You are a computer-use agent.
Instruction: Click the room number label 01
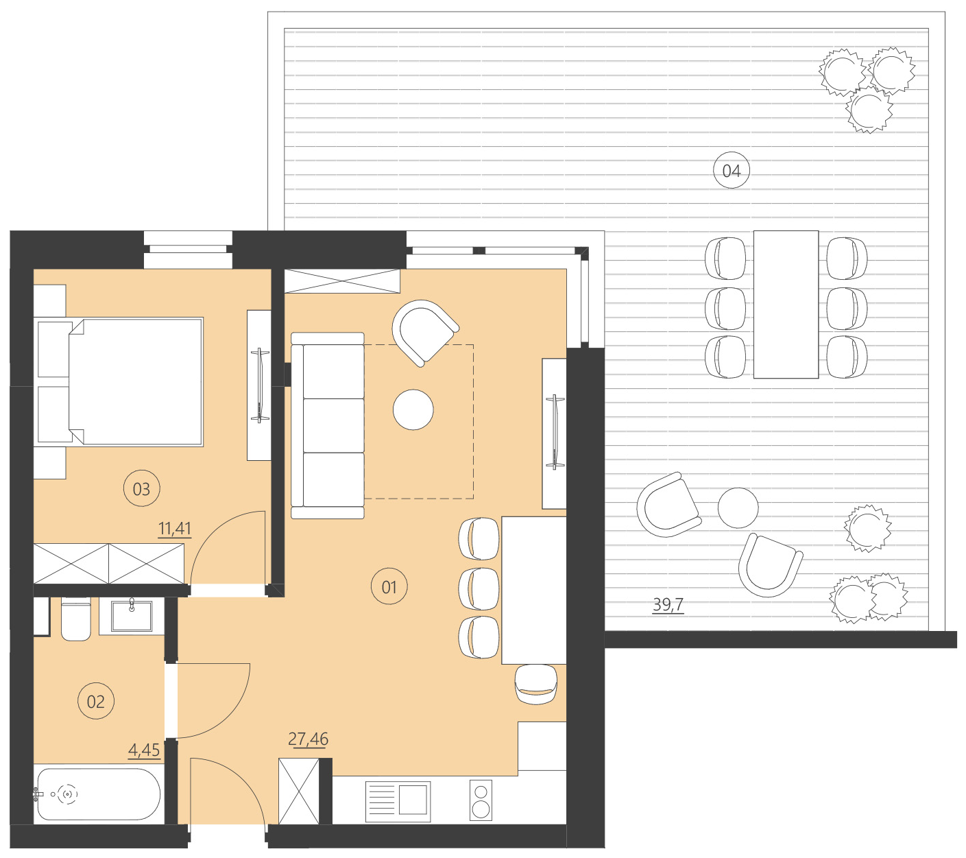tap(389, 587)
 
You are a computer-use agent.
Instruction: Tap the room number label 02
tap(96, 701)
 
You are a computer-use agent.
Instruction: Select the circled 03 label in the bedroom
tap(141, 489)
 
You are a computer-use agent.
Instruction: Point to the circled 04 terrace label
tap(732, 171)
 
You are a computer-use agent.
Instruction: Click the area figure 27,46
tap(308, 739)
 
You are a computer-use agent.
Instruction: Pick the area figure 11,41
tap(175, 529)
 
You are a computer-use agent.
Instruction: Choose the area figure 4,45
tap(144, 750)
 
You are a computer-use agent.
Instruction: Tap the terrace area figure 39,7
tap(668, 605)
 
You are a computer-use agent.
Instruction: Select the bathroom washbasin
tap(132, 615)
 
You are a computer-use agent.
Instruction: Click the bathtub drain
tap(67, 794)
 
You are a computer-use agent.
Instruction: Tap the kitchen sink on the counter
tap(398, 800)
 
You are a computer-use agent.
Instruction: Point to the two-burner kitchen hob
tap(481, 800)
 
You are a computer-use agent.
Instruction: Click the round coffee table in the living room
tap(413, 409)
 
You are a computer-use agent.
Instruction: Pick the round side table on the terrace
tap(738, 508)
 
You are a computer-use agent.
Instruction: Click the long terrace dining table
tap(786, 305)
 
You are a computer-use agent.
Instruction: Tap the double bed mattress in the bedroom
tap(137, 381)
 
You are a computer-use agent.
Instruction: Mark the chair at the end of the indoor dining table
tap(536, 684)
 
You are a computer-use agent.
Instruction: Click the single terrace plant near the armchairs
tap(867, 528)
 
